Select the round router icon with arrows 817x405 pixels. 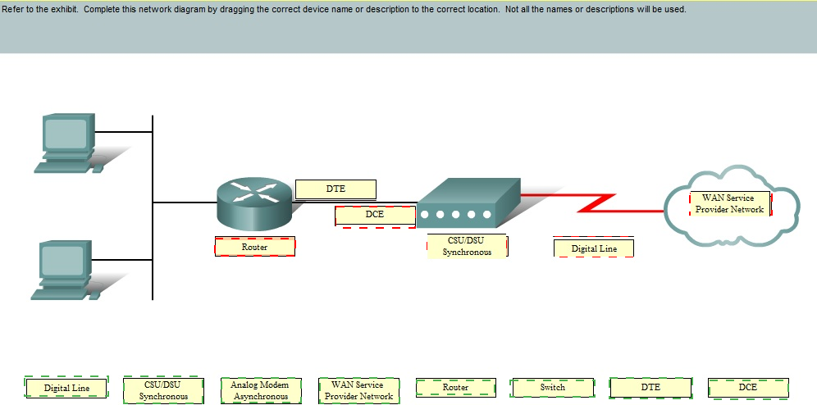click(254, 205)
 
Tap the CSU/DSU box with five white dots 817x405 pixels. click(468, 203)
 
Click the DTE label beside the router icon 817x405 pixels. click(335, 189)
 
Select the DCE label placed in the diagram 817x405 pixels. click(375, 216)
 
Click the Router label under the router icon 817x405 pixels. click(255, 247)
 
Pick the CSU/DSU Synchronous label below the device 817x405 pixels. click(467, 246)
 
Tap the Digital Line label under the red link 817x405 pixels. click(594, 248)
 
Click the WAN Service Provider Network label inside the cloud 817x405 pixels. click(729, 203)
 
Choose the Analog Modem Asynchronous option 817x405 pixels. click(261, 390)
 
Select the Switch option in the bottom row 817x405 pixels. click(552, 388)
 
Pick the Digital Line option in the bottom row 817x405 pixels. click(66, 388)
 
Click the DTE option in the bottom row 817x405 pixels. click(650, 388)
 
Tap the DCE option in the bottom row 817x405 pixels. click(748, 388)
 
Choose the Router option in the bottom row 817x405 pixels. click(455, 388)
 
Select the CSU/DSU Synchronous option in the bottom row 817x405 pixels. click(163, 390)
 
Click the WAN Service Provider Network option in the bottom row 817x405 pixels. click(359, 390)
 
